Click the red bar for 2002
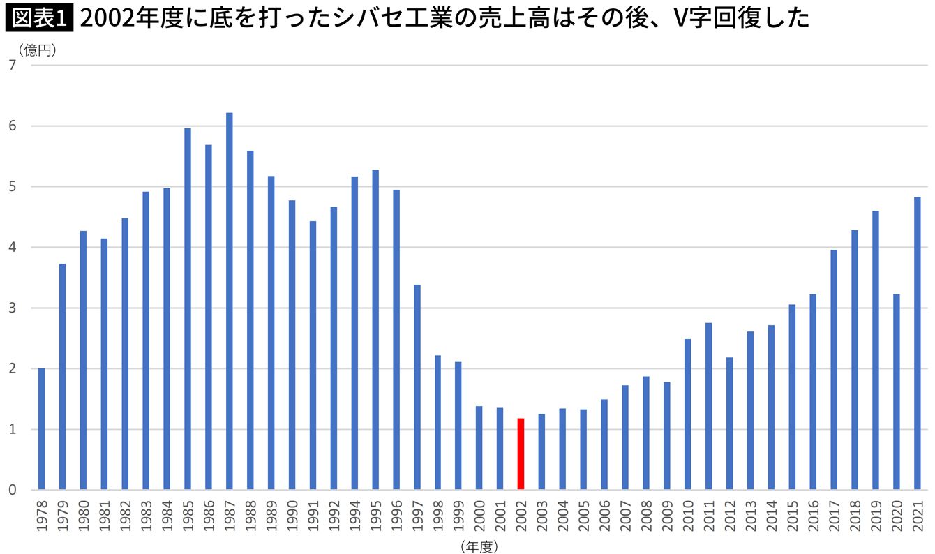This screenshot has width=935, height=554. (521, 454)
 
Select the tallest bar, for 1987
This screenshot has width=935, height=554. (229, 301)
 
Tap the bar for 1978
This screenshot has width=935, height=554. (41, 429)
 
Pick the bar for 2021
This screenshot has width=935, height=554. (917, 343)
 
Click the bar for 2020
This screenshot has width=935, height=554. (896, 392)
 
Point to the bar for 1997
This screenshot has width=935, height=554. (417, 387)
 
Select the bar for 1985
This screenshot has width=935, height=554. (187, 309)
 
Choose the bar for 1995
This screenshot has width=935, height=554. (375, 330)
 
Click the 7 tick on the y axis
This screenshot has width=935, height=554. (12, 65)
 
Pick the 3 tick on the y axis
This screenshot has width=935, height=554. (12, 308)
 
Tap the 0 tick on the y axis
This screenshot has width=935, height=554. (12, 490)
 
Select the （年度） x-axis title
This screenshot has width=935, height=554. (478, 546)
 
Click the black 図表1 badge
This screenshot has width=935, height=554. (38, 18)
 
